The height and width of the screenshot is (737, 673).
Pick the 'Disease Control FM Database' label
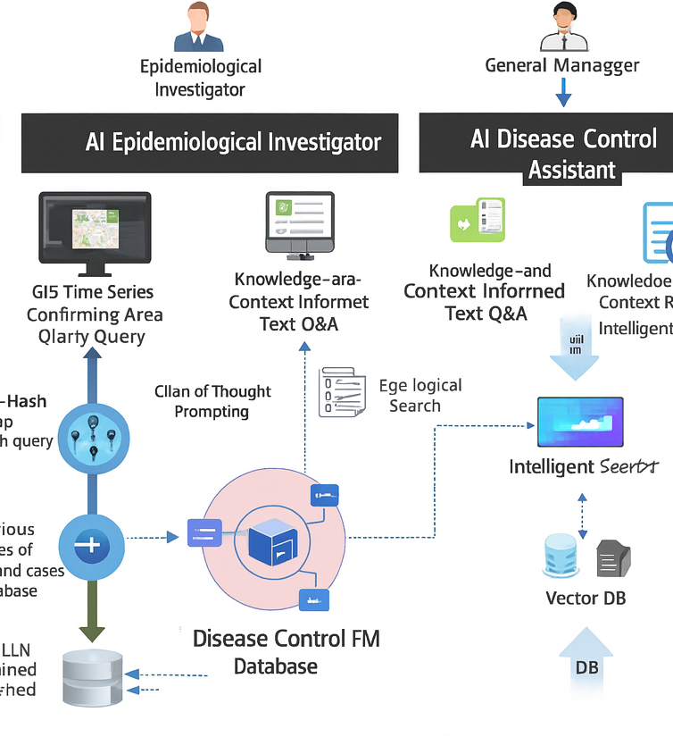coord(286,652)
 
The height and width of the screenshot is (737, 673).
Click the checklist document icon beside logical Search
coord(343,391)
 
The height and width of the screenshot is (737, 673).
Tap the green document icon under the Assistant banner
coord(477,220)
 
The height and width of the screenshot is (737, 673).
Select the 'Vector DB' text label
coord(586,598)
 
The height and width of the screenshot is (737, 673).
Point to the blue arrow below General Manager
coord(562,92)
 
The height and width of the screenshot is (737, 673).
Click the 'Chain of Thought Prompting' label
coord(212,401)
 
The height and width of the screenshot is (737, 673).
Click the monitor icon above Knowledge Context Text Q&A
coord(300,222)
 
